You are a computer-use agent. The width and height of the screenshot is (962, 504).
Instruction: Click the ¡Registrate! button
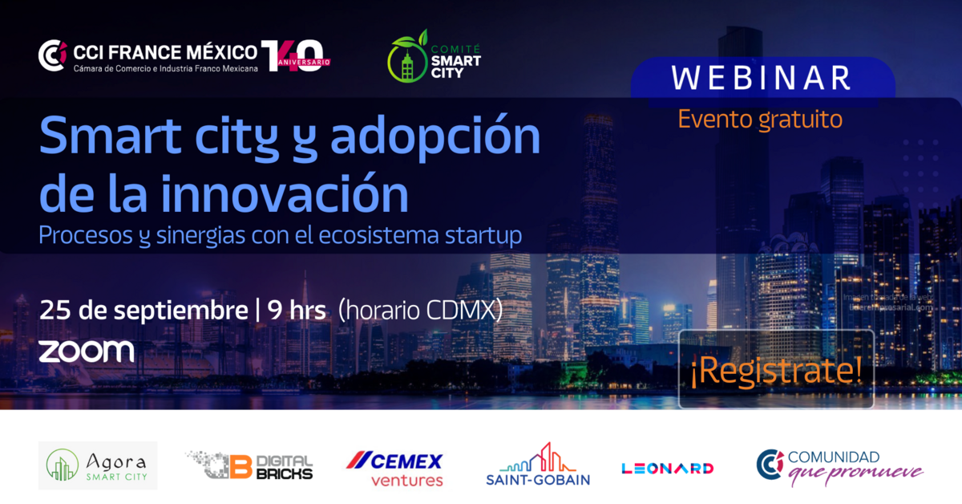click(775, 370)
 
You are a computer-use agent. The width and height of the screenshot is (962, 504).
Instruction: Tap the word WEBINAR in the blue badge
click(761, 78)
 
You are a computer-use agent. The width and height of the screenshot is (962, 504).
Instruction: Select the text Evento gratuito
click(760, 119)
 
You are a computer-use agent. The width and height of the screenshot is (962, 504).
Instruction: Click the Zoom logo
click(87, 351)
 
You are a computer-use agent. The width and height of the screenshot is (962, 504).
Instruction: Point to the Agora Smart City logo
click(98, 465)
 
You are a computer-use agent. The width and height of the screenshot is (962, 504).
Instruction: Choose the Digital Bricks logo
click(249, 465)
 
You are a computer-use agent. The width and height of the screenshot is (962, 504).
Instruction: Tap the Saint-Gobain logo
click(538, 465)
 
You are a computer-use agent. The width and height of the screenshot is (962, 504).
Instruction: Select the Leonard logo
click(668, 468)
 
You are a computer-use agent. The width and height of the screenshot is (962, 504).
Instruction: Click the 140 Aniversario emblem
click(295, 56)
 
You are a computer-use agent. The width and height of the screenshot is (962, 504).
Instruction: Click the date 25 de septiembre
click(143, 311)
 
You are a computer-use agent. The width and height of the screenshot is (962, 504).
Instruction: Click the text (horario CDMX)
click(421, 311)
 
